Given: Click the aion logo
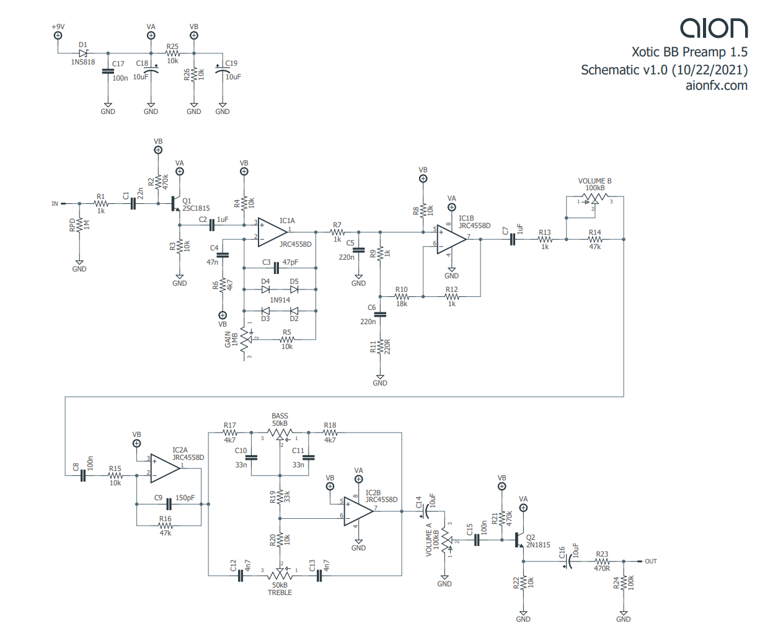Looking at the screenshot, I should (x=714, y=28).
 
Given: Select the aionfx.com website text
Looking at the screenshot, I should (x=716, y=86).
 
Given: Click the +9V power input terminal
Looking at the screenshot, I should (x=58, y=36).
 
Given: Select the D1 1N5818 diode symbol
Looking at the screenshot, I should (x=83, y=53).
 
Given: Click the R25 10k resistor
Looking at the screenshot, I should (x=172, y=53).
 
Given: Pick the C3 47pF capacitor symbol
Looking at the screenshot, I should (x=276, y=268).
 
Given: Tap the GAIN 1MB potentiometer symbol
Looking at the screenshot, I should (x=244, y=338).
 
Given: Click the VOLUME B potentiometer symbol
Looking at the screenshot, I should (x=594, y=198).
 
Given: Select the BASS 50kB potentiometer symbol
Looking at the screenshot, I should (x=280, y=432).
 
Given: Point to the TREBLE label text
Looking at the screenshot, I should (x=280, y=593).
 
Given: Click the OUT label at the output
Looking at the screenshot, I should (x=650, y=562).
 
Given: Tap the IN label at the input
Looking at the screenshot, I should (x=55, y=203).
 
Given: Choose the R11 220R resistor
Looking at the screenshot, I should (x=380, y=348).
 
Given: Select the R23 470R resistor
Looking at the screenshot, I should (x=601, y=561).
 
